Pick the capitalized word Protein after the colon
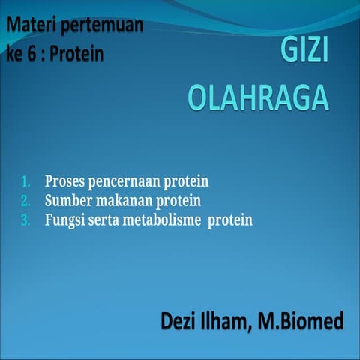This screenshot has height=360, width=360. coord(77,55)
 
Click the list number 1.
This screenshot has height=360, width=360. coord(25,182)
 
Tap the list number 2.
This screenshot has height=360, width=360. coord(25,201)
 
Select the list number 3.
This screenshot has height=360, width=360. coord(25,220)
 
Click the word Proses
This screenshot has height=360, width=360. coord(64,182)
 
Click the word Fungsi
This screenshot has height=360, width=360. coord(64,220)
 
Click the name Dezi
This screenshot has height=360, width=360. coord(180,322)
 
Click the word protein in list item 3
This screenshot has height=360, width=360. coord(230,220)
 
